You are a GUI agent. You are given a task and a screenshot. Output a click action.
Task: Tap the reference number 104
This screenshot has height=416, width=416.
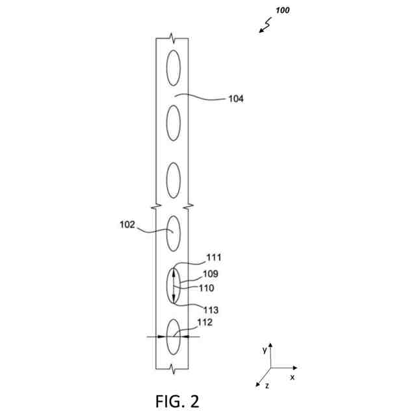pyautogui.click(x=236, y=99)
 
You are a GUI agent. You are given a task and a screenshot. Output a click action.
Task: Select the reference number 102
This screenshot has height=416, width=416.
pyautogui.click(x=127, y=225)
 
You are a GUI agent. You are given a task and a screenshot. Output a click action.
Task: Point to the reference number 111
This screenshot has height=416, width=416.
pyautogui.click(x=214, y=257)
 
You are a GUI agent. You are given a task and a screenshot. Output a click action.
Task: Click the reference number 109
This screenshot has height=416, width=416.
pyautogui.click(x=210, y=274)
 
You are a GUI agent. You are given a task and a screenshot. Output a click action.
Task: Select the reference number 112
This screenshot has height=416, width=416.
pyautogui.click(x=204, y=322)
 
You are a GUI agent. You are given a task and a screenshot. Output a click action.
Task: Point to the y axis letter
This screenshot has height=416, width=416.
pyautogui.click(x=265, y=350)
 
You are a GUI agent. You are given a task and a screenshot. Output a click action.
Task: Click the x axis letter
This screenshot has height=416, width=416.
pyautogui.click(x=292, y=377)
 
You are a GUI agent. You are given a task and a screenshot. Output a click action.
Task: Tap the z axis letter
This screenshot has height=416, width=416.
pyautogui.click(x=267, y=385)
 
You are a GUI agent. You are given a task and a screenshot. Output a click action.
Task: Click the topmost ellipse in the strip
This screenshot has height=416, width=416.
pyautogui.click(x=173, y=67)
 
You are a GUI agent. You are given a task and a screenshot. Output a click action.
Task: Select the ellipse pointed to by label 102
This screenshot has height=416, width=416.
pyautogui.click(x=173, y=233)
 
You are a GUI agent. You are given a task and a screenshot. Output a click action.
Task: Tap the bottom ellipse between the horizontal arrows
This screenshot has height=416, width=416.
pyautogui.click(x=173, y=337)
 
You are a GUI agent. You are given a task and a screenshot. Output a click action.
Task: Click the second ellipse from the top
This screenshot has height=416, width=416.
pyautogui.click(x=173, y=122)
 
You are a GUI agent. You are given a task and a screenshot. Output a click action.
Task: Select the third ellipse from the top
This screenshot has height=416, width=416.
pyautogui.click(x=173, y=179)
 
